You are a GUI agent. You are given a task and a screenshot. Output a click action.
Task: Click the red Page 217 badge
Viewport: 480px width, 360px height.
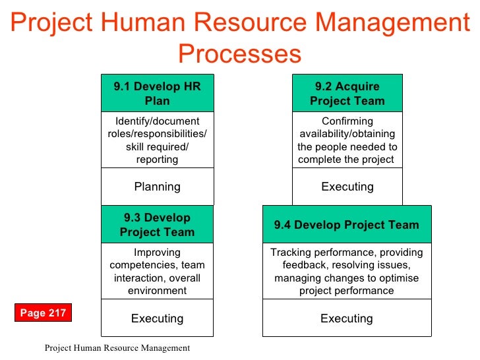click(43, 313)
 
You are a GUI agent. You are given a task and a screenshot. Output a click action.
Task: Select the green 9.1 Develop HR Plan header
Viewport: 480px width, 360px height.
click(157, 94)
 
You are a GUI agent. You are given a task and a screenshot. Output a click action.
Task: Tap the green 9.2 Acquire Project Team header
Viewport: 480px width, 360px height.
click(347, 94)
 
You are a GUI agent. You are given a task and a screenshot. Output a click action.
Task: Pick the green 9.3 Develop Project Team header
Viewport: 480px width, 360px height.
click(157, 225)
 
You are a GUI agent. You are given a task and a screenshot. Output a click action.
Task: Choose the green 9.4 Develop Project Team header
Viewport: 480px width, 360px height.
click(346, 225)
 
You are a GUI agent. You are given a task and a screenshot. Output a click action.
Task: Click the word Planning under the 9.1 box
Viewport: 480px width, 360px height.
click(157, 187)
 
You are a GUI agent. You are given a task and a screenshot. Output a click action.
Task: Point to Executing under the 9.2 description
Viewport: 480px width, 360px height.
click(347, 187)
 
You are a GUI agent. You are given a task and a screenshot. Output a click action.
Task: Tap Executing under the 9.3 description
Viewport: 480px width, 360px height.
click(157, 318)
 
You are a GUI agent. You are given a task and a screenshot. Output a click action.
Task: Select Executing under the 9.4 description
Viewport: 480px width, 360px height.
click(346, 318)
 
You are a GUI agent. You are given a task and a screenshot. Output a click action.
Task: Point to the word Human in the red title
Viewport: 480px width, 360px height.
click(155, 24)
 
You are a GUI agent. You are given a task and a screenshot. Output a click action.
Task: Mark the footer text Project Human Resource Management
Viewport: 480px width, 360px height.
click(117, 348)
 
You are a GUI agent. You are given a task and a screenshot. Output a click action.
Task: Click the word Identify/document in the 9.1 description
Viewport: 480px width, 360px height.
click(157, 121)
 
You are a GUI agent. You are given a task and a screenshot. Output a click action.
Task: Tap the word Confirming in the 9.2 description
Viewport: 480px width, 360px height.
click(347, 121)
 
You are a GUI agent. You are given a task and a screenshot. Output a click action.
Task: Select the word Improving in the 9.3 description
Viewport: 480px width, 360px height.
click(157, 253)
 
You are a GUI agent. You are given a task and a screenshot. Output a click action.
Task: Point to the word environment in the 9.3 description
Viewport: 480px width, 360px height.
click(157, 290)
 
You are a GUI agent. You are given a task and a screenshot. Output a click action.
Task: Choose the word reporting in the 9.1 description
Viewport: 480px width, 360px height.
click(157, 159)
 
